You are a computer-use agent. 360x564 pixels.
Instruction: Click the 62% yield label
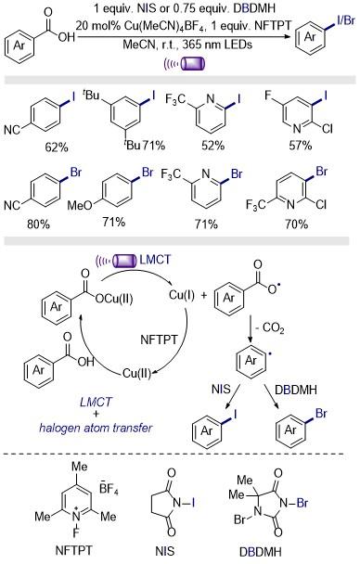(x=56, y=147)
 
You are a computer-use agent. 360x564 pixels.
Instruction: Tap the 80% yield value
(x=38, y=224)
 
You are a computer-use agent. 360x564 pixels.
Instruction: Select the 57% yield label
(x=301, y=146)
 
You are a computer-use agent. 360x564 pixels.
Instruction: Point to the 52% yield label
(x=212, y=146)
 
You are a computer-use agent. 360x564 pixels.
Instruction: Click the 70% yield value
(x=297, y=224)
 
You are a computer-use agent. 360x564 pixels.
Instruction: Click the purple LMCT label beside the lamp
(x=155, y=260)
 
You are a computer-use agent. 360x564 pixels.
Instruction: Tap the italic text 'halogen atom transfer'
(x=96, y=428)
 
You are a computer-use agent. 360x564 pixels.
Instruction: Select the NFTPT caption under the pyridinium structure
(x=73, y=550)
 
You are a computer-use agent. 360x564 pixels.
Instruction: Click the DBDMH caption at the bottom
(x=260, y=551)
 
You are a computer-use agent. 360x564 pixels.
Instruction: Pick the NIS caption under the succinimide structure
(x=165, y=551)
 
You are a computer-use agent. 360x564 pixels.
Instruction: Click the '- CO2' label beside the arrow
(x=269, y=328)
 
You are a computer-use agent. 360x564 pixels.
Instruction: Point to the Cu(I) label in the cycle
(x=182, y=295)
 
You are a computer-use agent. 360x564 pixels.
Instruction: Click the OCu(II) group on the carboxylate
(x=114, y=299)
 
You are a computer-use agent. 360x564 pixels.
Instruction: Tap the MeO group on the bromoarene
(x=80, y=205)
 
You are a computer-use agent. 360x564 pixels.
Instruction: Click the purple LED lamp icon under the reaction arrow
(x=193, y=64)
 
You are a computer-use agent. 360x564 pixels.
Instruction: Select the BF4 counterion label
(x=109, y=489)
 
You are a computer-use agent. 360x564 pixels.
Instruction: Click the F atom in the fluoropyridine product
(x=267, y=96)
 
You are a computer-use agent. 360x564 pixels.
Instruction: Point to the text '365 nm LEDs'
(x=217, y=45)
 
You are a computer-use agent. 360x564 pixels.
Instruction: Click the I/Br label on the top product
(x=345, y=20)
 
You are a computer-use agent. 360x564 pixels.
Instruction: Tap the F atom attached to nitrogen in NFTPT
(x=76, y=532)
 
